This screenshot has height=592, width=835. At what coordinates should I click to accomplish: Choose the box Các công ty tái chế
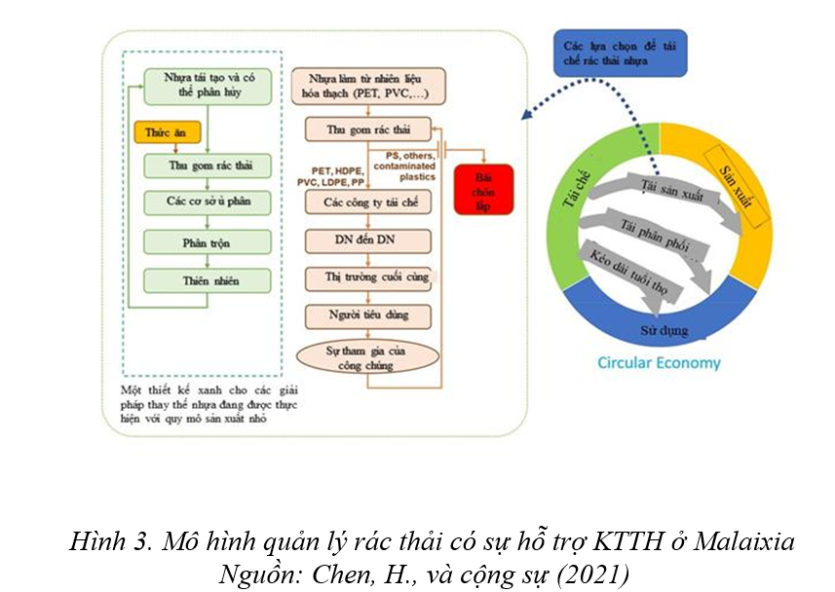[x=366, y=202]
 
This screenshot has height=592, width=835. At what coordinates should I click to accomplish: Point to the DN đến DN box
[x=366, y=240]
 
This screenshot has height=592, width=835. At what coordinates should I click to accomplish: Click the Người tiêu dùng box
[x=366, y=315]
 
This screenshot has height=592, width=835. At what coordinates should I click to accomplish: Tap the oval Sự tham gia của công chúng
[x=366, y=356]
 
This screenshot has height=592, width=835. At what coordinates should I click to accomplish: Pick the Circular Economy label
[x=660, y=363]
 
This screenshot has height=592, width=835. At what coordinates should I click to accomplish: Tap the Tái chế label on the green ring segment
[x=574, y=190]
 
